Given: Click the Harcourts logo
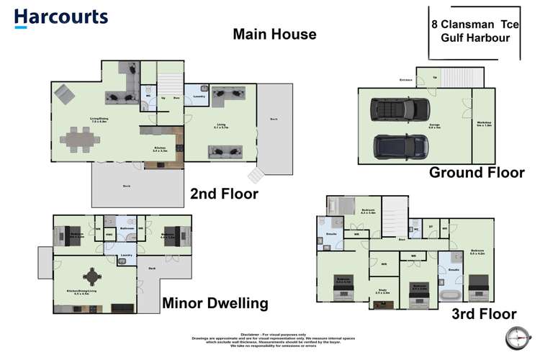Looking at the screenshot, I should [60, 18].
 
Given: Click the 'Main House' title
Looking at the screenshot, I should [274, 34].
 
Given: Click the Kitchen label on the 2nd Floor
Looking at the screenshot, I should [160, 148].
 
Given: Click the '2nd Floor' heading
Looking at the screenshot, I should [224, 194].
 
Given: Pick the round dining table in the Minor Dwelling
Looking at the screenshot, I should [93, 276].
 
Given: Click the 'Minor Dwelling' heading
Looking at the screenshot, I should [215, 304].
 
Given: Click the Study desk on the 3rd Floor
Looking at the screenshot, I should [382, 304].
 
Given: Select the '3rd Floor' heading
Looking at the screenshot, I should [483, 314].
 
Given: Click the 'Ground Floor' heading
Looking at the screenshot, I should [477, 173].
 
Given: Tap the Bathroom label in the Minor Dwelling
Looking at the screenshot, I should [127, 229].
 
